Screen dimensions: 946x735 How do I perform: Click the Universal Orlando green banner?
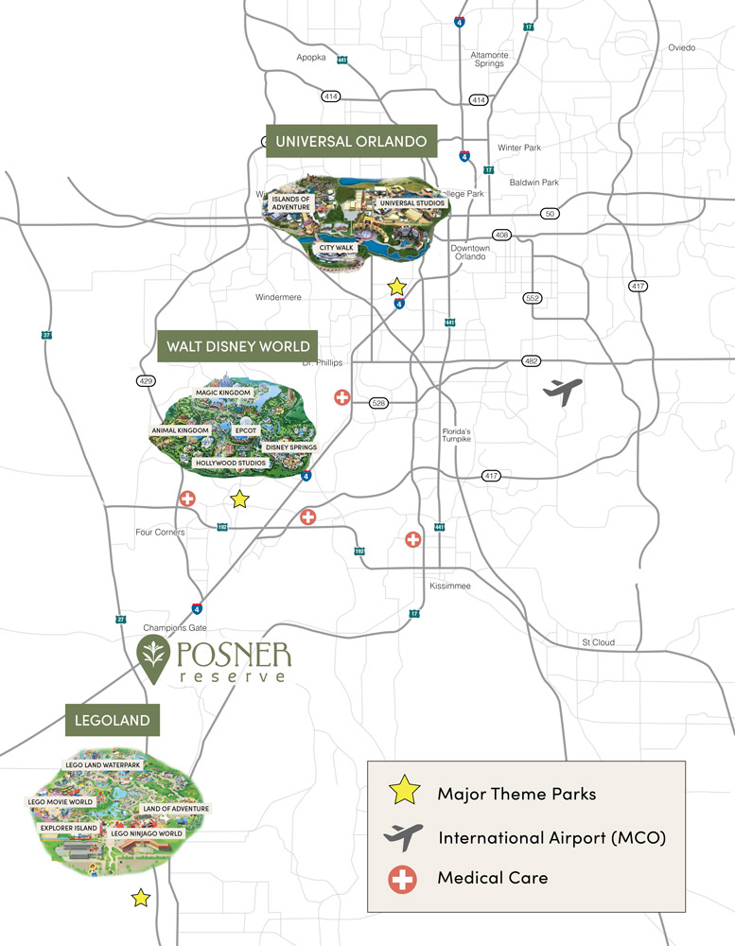(352, 143)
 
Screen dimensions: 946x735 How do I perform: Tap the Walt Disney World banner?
(237, 346)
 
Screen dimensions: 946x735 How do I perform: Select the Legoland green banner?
(112, 721)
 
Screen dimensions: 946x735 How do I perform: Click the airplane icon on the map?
(563, 390)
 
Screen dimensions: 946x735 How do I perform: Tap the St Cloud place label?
(598, 643)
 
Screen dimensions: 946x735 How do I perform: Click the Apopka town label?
(311, 58)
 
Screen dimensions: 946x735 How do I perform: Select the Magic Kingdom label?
(223, 392)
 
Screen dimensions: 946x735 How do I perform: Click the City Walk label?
(336, 247)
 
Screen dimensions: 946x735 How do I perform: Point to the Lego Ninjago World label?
(146, 833)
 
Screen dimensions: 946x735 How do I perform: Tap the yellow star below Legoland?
(141, 898)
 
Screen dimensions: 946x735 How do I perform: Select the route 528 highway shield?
(379, 403)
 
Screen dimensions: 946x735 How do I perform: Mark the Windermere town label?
(278, 297)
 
